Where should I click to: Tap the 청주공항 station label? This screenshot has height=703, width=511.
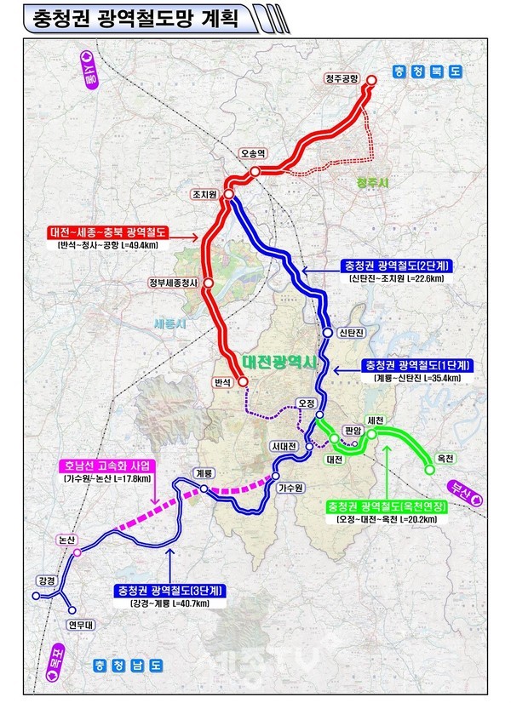pos(342,78)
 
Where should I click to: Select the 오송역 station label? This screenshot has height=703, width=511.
pos(254,153)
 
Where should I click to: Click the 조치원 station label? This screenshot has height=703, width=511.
pos(207,196)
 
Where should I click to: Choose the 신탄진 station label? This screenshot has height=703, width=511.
pos(351,332)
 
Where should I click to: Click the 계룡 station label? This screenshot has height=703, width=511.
pos(203,473)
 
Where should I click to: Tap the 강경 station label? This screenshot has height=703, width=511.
pos(45,580)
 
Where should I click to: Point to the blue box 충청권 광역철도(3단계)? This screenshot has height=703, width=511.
pos(168,588)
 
